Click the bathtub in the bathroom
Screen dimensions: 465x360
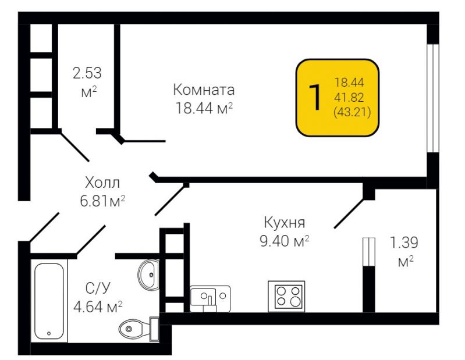pyautogui.click(x=49, y=301)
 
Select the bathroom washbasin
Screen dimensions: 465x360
pyautogui.click(x=148, y=275)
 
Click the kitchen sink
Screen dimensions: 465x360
pyautogui.click(x=210, y=299)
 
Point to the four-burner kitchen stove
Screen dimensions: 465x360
pyautogui.click(x=286, y=296)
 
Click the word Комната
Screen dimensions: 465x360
pyautogui.click(x=204, y=90)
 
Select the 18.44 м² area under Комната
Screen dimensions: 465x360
pyautogui.click(x=204, y=108)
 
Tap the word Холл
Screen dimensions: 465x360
pyautogui.click(x=102, y=183)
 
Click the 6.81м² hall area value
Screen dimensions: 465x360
pyautogui.click(x=102, y=201)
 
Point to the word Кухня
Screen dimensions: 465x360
pyautogui.click(x=285, y=223)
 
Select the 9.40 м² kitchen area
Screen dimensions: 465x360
pyautogui.click(x=285, y=241)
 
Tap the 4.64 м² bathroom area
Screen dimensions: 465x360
pyautogui.click(x=98, y=306)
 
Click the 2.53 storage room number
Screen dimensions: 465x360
pyautogui.click(x=87, y=73)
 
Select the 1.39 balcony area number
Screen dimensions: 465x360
pyautogui.click(x=404, y=243)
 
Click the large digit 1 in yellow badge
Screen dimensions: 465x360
pyautogui.click(x=315, y=97)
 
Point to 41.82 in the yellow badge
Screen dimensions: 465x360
pyautogui.click(x=349, y=97)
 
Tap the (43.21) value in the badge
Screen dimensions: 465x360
pyautogui.click(x=352, y=112)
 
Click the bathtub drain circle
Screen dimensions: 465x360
pyautogui.click(x=49, y=334)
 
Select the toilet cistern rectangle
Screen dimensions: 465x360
pyautogui.click(x=154, y=329)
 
